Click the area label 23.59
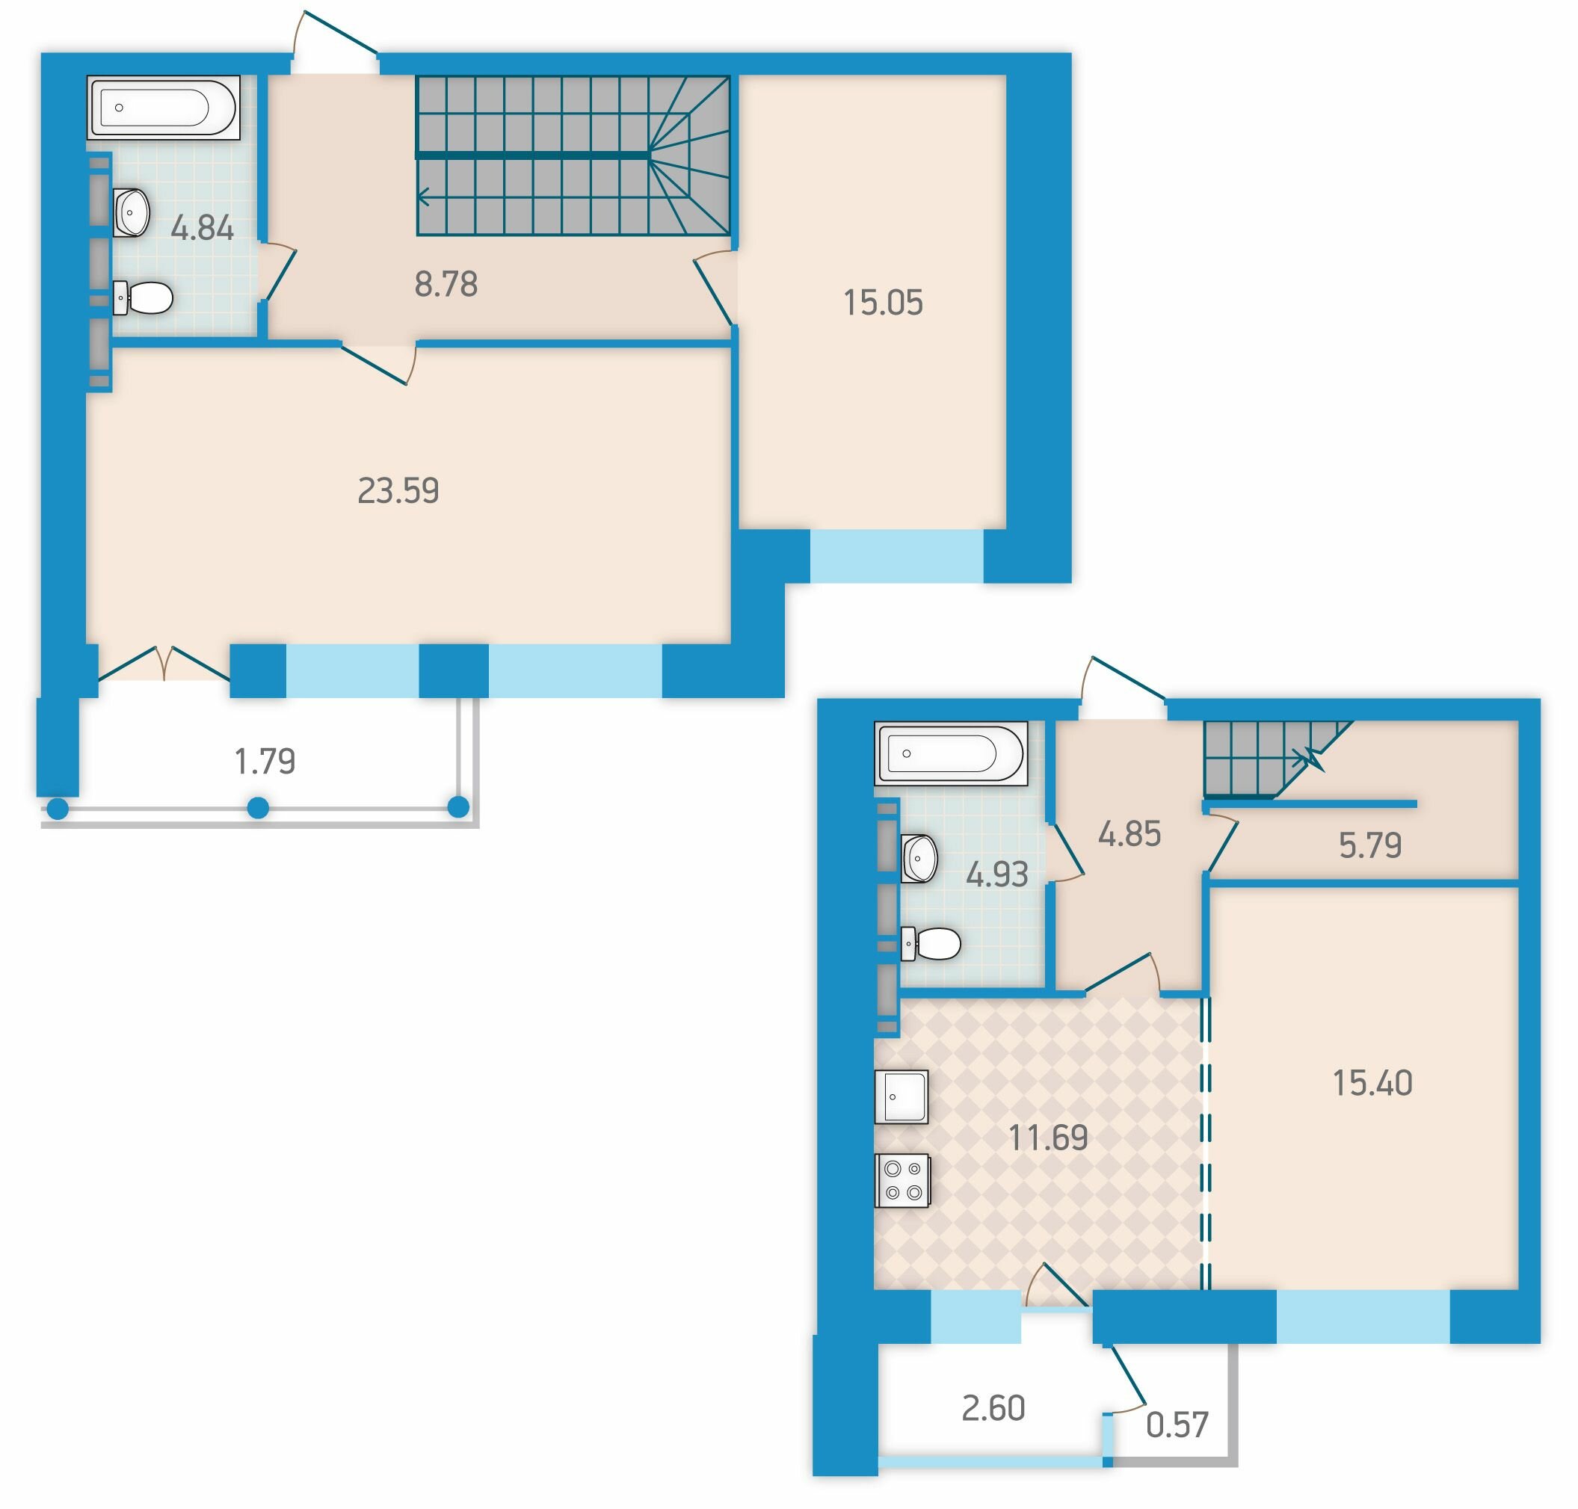pyautogui.click(x=398, y=490)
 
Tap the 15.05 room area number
pyautogui.click(x=882, y=303)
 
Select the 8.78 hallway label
pyautogui.click(x=446, y=284)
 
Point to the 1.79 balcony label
pyautogui.click(x=265, y=761)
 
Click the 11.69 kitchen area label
pyautogui.click(x=1048, y=1138)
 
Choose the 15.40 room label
pyautogui.click(x=1372, y=1084)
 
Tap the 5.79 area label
pyautogui.click(x=1369, y=845)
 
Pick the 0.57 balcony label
pyautogui.click(x=1177, y=1425)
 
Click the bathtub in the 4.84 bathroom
pyautogui.click(x=163, y=108)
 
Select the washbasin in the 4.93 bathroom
pyautogui.click(x=919, y=858)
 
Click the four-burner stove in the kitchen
pyautogui.click(x=902, y=1181)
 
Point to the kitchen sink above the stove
pyautogui.click(x=902, y=1096)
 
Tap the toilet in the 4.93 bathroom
pyautogui.click(x=931, y=943)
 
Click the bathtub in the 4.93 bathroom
pyautogui.click(x=951, y=753)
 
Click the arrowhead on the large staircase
pyautogui.click(x=423, y=196)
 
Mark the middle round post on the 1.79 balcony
pyautogui.click(x=257, y=806)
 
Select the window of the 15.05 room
pyautogui.click(x=896, y=556)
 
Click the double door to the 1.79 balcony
pyautogui.click(x=164, y=664)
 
